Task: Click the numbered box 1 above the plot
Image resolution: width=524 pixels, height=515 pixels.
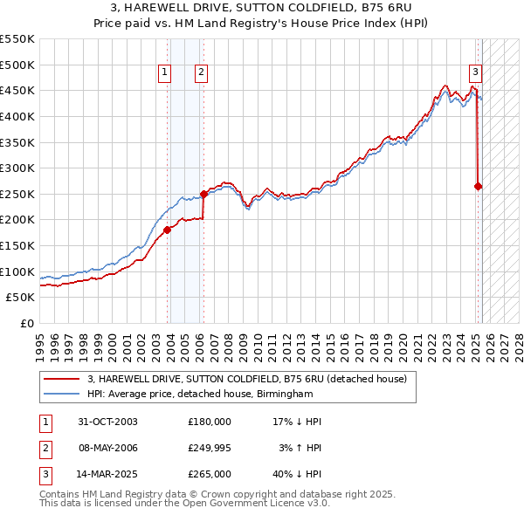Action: click(x=165, y=73)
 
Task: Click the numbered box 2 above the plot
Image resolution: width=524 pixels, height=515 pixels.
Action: click(x=201, y=73)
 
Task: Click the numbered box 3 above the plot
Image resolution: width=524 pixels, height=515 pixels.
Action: click(x=475, y=73)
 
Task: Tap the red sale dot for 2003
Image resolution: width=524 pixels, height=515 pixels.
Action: click(x=167, y=230)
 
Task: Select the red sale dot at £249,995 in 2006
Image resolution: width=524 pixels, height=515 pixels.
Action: click(x=203, y=194)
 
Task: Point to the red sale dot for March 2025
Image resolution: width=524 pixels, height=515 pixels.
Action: click(x=478, y=186)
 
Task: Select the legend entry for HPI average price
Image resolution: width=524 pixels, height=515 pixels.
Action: click(x=199, y=395)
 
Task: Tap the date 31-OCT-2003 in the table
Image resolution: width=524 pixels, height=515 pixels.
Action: click(x=107, y=422)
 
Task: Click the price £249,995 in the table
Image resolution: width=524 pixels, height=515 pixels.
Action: click(x=210, y=448)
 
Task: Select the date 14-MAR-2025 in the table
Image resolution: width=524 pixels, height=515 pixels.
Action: click(x=107, y=474)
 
